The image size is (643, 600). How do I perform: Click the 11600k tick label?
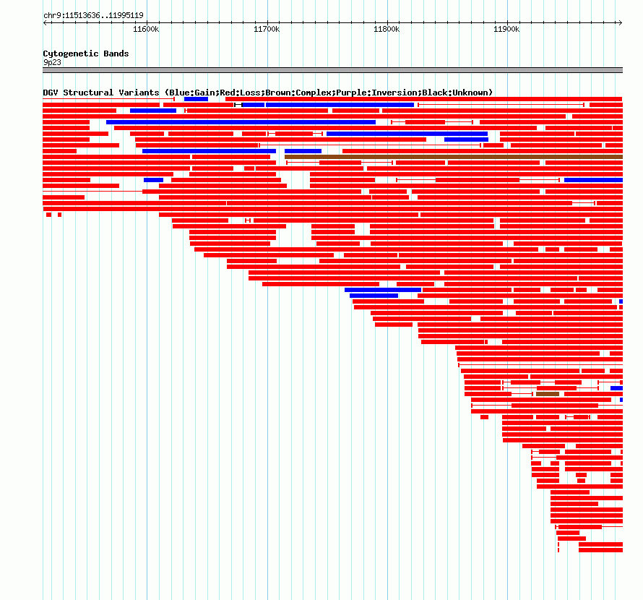click(146, 29)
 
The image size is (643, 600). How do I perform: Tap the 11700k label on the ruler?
click(266, 29)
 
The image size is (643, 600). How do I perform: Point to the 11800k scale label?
click(386, 29)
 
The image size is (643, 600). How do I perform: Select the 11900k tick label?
click(506, 29)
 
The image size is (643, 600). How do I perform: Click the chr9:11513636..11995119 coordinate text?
click(93, 15)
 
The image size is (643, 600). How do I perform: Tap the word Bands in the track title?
click(115, 53)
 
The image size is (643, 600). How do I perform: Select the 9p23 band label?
click(52, 62)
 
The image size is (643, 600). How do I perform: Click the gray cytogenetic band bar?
click(332, 70)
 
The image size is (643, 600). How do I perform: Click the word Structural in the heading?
click(89, 93)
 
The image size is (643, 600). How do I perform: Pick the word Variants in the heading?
click(138, 93)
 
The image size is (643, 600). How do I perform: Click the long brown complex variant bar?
click(454, 157)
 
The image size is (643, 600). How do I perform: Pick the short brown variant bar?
click(547, 394)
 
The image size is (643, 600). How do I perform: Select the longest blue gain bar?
click(241, 122)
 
